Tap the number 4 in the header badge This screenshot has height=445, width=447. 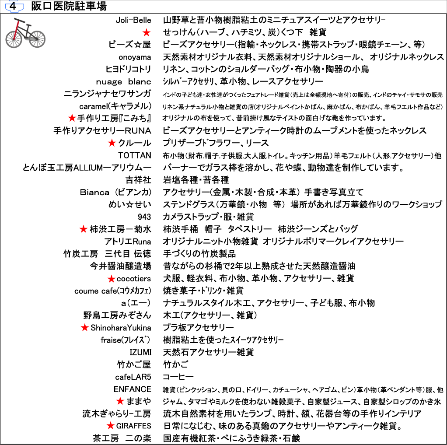(13, 7)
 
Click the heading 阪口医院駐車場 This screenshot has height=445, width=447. (69, 7)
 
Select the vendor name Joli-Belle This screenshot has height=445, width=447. (133, 20)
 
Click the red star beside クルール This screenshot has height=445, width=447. (112, 143)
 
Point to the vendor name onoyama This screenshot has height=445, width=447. (135, 57)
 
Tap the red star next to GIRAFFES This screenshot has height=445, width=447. (111, 426)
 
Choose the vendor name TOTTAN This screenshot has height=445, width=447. (135, 155)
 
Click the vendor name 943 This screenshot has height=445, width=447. (144, 217)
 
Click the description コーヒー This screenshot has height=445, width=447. (178, 377)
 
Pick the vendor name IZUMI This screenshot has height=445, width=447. (140, 352)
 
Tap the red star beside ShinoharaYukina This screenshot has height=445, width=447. (85, 328)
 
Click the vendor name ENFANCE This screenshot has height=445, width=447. (133, 389)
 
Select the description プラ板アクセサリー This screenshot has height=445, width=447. (198, 328)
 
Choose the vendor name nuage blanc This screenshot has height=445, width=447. (124, 82)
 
